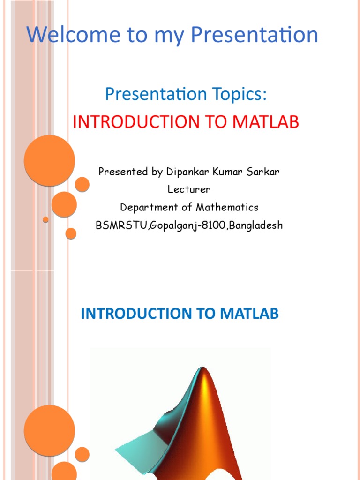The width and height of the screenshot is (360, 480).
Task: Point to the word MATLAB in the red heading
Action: point(266,122)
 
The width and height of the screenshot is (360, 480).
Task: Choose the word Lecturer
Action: point(189,189)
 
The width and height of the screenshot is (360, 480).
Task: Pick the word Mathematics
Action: point(227,207)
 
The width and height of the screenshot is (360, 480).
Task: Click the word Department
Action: point(149,207)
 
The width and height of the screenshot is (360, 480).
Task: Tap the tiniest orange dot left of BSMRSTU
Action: point(45,219)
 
